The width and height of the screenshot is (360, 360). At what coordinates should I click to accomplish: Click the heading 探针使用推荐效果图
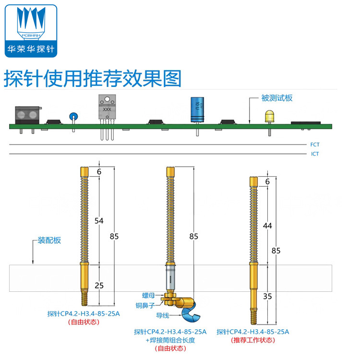pyautogui.click(x=93, y=78)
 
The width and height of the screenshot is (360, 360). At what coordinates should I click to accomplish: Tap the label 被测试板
pyautogui.click(x=277, y=98)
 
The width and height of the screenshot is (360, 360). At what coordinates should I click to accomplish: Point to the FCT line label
pyautogui.click(x=315, y=144)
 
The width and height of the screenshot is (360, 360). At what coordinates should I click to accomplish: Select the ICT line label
pyautogui.click(x=315, y=154)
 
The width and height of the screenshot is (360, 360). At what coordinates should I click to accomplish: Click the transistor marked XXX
pyautogui.click(x=107, y=108)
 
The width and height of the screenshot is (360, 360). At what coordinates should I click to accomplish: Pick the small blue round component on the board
pyautogui.click(x=73, y=116)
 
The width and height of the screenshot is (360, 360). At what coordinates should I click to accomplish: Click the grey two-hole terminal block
pyautogui.click(x=27, y=115)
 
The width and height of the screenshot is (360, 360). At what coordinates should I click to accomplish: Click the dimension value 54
pyautogui.click(x=99, y=221)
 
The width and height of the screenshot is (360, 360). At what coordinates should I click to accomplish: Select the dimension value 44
pyautogui.click(x=267, y=225)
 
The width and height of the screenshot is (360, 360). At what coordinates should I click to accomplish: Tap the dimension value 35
pyautogui.click(x=267, y=296)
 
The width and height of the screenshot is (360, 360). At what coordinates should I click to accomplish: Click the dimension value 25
pyautogui.click(x=99, y=286)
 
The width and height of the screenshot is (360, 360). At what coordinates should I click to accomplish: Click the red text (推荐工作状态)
pyautogui.click(x=253, y=340)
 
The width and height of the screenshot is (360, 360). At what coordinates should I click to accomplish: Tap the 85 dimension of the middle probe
pyautogui.click(x=194, y=236)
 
